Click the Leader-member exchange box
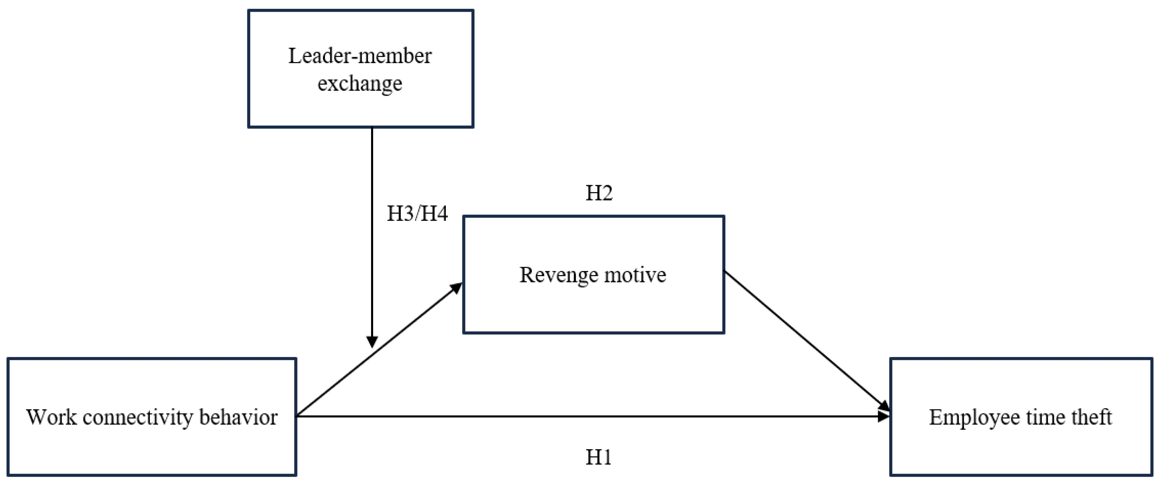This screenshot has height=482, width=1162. (x=360, y=69)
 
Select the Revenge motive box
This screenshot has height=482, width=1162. (x=593, y=275)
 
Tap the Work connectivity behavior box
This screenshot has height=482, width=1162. (x=152, y=417)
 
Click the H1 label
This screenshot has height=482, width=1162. (x=599, y=457)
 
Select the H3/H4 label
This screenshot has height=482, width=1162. (x=417, y=214)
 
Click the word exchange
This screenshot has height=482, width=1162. (x=360, y=83)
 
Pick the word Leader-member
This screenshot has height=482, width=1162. (x=360, y=56)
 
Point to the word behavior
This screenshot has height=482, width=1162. (x=238, y=417)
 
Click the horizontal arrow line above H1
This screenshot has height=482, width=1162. (x=586, y=416)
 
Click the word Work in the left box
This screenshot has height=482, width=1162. (x=51, y=417)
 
